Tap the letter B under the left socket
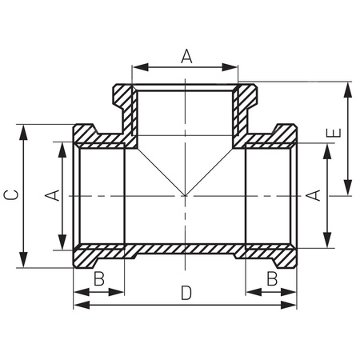click(98, 278)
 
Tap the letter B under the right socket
click(271, 278)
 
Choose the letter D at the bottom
click(186, 294)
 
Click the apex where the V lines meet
click(185, 195)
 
